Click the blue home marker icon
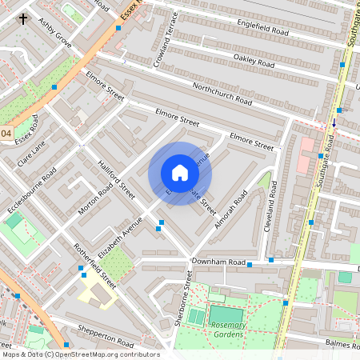(180, 173)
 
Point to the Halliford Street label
(117, 178)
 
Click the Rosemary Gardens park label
(230, 330)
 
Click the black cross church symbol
(22, 18)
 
